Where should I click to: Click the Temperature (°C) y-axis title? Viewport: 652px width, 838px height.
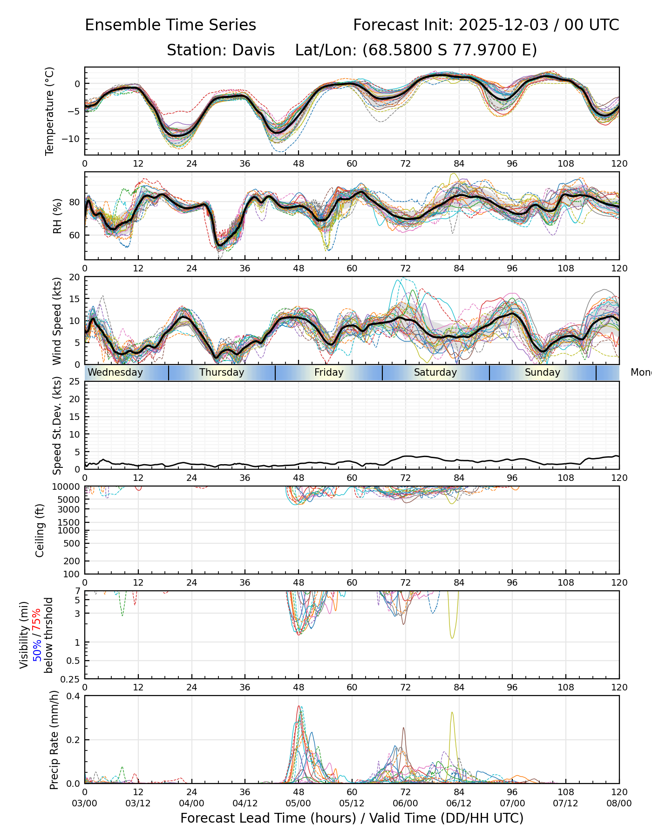point(50,111)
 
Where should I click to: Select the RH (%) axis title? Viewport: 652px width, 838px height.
point(57,216)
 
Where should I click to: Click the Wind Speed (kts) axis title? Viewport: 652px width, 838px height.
point(57,321)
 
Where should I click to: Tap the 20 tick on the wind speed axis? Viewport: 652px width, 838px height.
point(75,277)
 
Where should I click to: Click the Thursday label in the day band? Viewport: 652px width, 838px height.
point(222,372)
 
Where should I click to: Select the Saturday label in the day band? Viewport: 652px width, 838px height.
point(435,372)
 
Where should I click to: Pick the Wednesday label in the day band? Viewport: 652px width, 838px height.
point(115,372)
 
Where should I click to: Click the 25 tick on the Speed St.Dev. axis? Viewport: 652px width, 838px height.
point(75,382)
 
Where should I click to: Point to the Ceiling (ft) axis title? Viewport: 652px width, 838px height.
point(40,530)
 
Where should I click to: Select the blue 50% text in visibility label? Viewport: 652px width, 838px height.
point(37,650)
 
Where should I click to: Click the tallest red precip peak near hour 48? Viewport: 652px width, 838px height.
point(299,706)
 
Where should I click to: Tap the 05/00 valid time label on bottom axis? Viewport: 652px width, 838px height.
point(299,804)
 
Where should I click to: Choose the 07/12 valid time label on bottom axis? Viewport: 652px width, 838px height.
point(566,804)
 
